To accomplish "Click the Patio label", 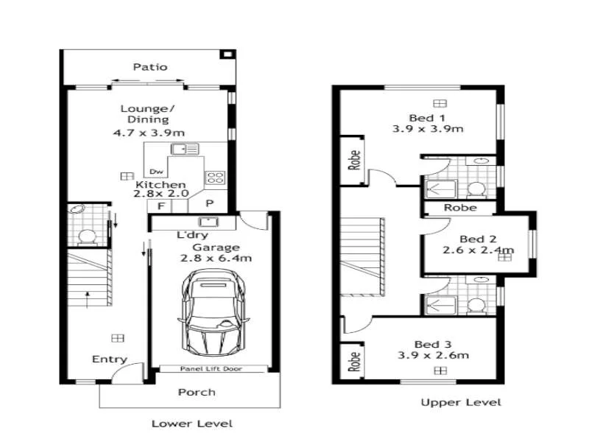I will tap(149, 67).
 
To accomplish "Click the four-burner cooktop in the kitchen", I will tap(214, 177).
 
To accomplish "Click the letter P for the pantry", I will tap(209, 204).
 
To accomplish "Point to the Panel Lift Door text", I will tap(211, 369).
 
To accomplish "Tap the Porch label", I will tap(197, 392).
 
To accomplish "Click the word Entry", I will tap(109, 359).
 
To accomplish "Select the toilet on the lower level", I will tap(88, 237).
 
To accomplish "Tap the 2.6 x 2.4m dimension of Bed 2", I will tap(478, 250).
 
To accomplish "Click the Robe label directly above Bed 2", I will tap(460, 208).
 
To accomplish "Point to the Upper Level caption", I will tap(461, 402).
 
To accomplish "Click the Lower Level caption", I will tap(191, 424).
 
